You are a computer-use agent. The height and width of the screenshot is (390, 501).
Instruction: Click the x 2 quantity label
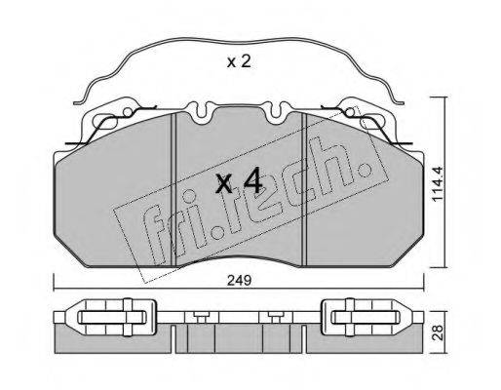pos(239,61)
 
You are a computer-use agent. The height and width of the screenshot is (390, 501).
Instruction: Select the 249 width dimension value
pos(239,280)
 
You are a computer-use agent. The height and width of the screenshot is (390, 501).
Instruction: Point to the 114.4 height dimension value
pos(438,184)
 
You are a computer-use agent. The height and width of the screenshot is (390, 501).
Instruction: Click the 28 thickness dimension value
pos(439,332)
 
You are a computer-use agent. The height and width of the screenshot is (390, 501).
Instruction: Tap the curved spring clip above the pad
pos(239,41)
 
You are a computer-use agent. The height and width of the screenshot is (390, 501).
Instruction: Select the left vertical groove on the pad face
pos(173,189)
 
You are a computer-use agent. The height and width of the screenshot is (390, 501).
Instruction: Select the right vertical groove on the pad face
pos(304,189)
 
